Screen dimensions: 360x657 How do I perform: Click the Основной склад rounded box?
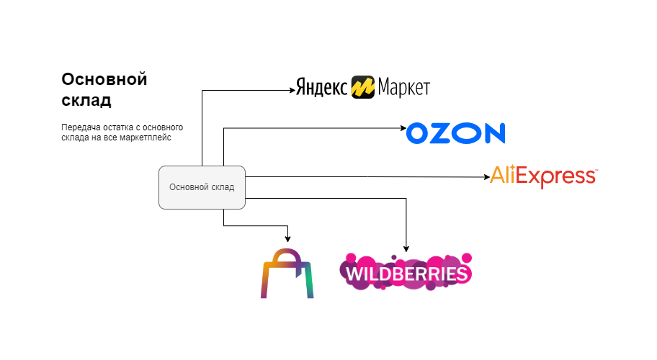202,187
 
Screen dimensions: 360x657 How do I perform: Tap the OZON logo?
455,133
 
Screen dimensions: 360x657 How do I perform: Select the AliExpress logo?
543,176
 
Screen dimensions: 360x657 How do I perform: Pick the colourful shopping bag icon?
287,274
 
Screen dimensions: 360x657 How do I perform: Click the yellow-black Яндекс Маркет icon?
362,88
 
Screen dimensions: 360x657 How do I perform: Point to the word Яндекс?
322,88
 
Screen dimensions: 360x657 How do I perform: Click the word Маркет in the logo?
403,88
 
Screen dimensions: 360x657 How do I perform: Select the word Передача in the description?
80,127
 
